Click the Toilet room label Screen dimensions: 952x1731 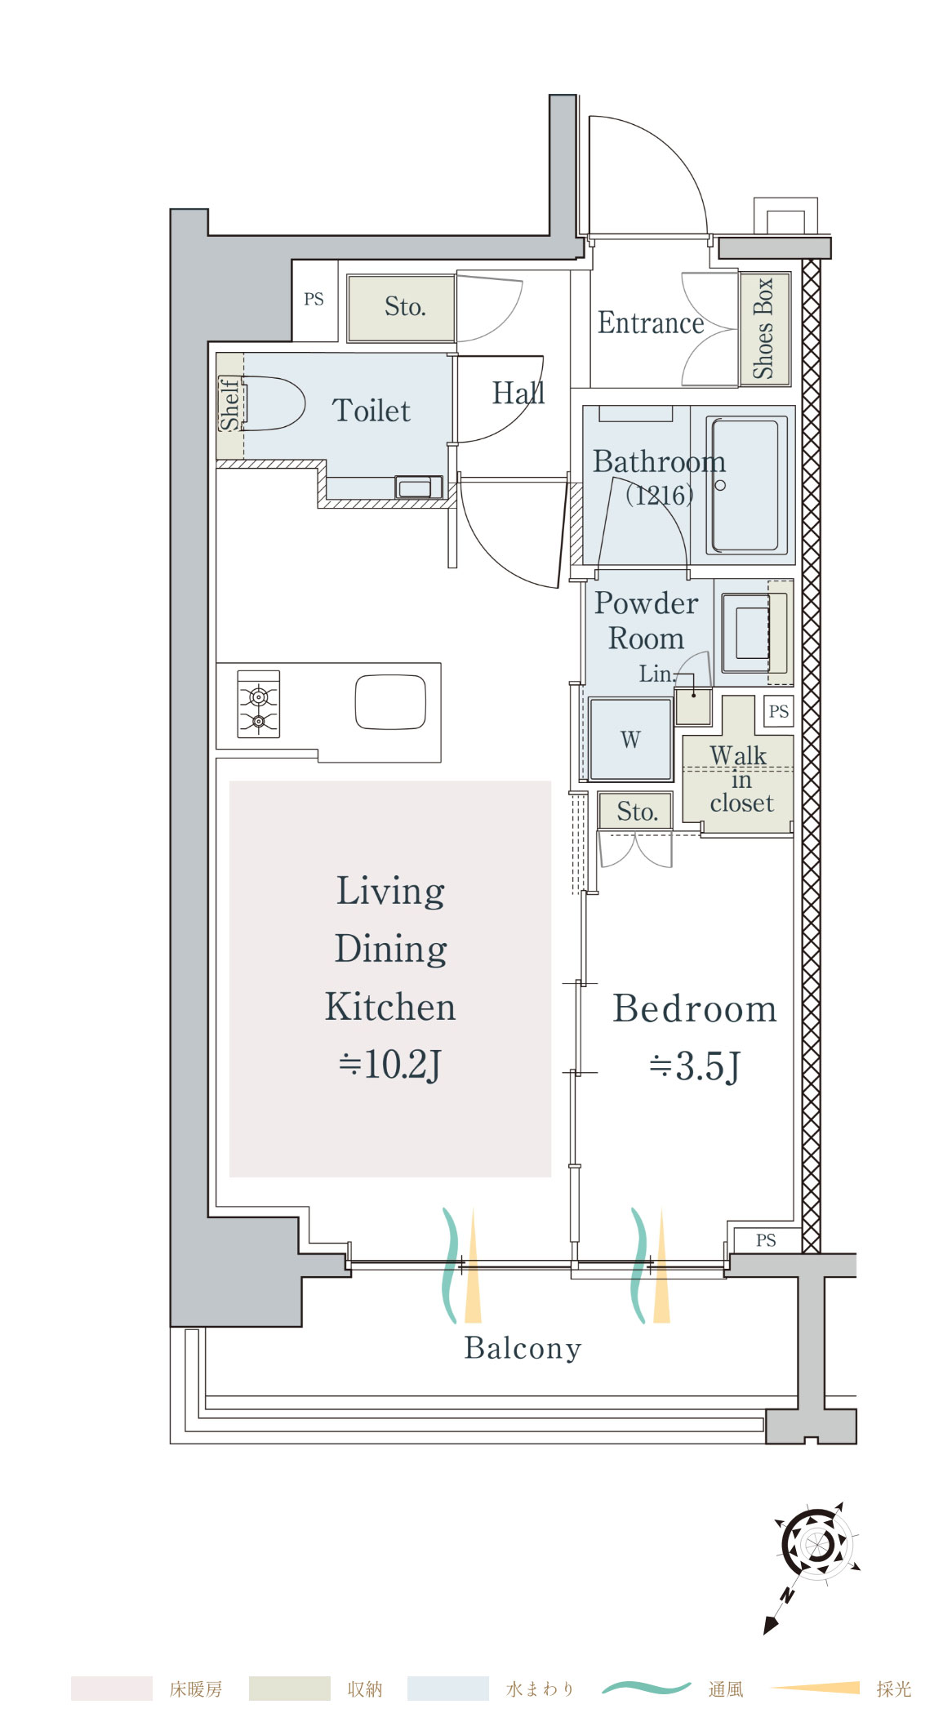point(371,410)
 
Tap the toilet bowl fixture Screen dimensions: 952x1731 point(273,403)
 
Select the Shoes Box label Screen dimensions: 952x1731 point(763,328)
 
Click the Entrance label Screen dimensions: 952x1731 point(651,323)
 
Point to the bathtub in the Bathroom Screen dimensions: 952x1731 point(745,485)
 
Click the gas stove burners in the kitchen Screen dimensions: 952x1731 point(259,704)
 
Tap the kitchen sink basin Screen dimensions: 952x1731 point(391,702)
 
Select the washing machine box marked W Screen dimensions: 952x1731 point(630,739)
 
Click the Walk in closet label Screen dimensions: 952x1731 point(740,779)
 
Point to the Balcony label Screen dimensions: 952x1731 point(523,1348)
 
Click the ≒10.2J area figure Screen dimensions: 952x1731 point(390,1064)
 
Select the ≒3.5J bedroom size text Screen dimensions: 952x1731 point(694,1066)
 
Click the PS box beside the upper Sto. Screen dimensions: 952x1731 point(314,300)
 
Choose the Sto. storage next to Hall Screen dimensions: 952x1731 point(401,308)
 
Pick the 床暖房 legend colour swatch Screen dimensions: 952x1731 point(112,1688)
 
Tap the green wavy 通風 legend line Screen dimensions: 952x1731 point(647,1688)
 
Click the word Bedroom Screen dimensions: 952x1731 point(694,1008)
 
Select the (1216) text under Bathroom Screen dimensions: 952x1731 point(660,495)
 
